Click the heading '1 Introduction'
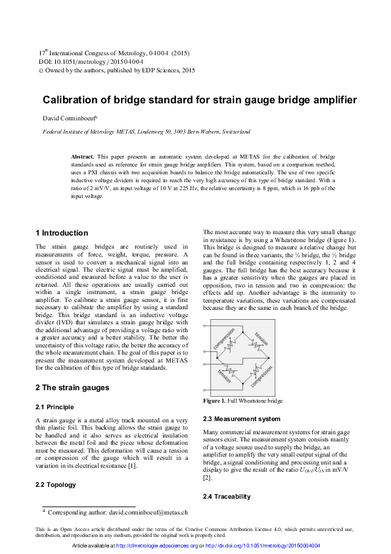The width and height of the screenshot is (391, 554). [61, 233]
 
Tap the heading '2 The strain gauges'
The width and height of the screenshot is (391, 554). [72, 388]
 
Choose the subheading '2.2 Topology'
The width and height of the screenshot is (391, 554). [55, 485]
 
